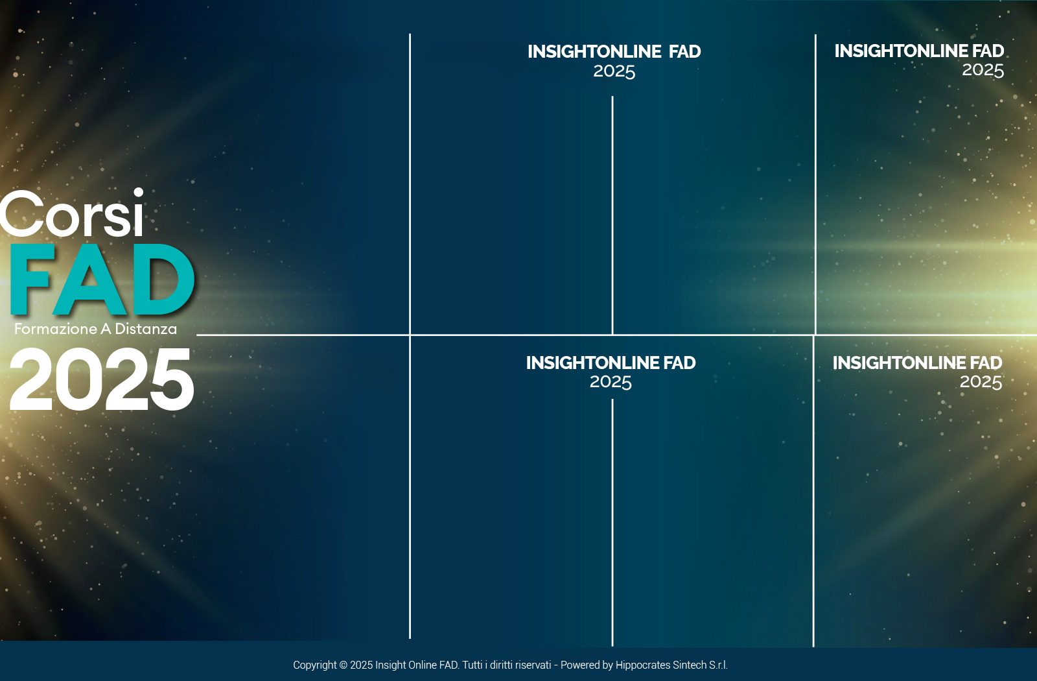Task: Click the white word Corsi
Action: pyautogui.click(x=72, y=213)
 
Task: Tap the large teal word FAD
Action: pyautogui.click(x=102, y=280)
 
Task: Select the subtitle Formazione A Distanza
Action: pyautogui.click(x=95, y=329)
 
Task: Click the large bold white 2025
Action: pyautogui.click(x=101, y=379)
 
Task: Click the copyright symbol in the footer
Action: pyautogui.click(x=343, y=665)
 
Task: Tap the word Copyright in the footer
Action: pyautogui.click(x=315, y=665)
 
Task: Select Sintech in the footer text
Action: pyautogui.click(x=690, y=665)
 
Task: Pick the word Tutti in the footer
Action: pyautogui.click(x=472, y=665)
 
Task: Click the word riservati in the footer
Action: pyautogui.click(x=533, y=665)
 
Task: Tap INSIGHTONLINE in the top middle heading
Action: pyautogui.click(x=594, y=51)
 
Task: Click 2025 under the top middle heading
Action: pyautogui.click(x=614, y=71)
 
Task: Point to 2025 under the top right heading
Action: pyautogui.click(x=983, y=70)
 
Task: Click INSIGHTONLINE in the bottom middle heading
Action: pyautogui.click(x=592, y=363)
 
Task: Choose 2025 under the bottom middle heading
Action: pyautogui.click(x=611, y=382)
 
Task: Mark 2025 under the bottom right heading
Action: pyautogui.click(x=981, y=382)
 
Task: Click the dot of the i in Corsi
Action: pyautogui.click(x=138, y=192)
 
